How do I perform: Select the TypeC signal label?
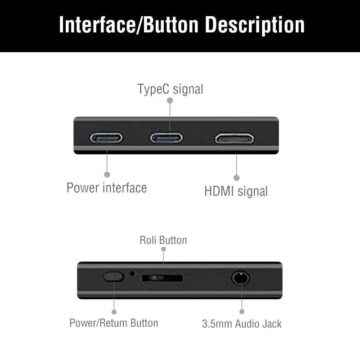(170, 89)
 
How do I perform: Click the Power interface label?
(107, 187)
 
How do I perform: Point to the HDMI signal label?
(236, 191)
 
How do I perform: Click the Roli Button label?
(163, 240)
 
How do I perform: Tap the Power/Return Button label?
(113, 323)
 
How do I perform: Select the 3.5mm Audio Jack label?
(242, 324)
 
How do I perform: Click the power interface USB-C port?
(106, 138)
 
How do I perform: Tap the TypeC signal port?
(166, 138)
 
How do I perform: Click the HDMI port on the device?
(234, 138)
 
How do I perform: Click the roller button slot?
(162, 278)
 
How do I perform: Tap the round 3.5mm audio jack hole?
(241, 278)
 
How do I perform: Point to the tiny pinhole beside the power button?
(132, 273)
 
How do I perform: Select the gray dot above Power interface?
(107, 174)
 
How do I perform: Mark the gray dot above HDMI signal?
(237, 178)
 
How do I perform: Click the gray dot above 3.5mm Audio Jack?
(242, 311)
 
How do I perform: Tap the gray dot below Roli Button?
(163, 249)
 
